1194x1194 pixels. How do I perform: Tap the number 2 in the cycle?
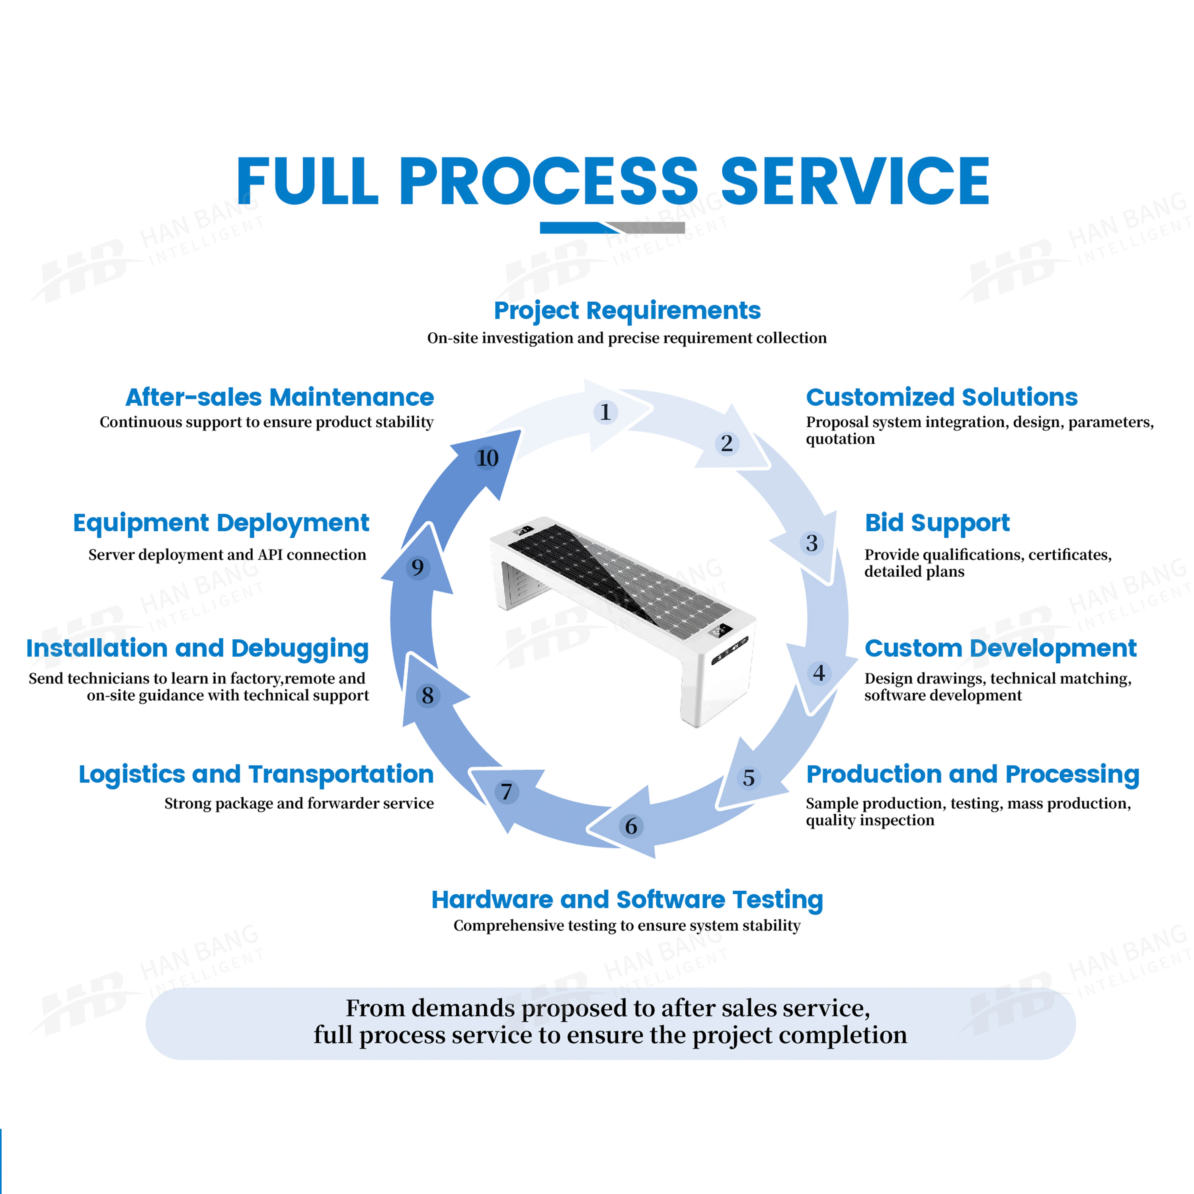click(x=727, y=443)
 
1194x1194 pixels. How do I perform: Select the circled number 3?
click(x=812, y=543)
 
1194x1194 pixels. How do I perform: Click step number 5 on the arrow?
click(x=748, y=777)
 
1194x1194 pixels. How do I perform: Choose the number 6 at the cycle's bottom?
click(x=630, y=826)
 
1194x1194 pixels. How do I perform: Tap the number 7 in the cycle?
click(x=506, y=792)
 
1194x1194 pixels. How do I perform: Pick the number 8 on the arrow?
click(x=428, y=696)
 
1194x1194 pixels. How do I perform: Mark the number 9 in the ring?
click(x=418, y=567)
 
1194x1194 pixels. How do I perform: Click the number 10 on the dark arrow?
click(x=487, y=458)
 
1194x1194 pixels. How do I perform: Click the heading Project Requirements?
click(x=627, y=311)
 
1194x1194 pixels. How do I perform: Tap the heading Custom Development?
click(x=1000, y=648)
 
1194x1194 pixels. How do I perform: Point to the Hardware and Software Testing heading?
click(x=627, y=900)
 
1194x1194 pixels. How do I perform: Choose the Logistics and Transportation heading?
click(x=256, y=775)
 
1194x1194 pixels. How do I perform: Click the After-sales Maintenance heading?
click(x=279, y=397)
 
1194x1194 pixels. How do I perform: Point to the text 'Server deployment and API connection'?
click(x=227, y=554)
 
